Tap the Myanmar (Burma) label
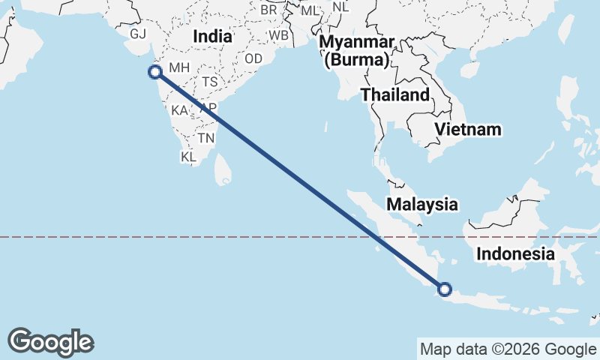pos(356,50)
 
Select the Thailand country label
pos(394,94)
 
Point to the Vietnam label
pos(469,129)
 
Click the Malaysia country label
pos(421,203)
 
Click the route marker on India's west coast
pos(155,72)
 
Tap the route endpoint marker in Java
pos(444,289)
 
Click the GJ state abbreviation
pos(138,34)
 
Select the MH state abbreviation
pos(179,67)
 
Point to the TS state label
pos(209,82)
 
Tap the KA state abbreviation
pos(179,110)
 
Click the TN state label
pos(206,138)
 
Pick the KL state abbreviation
pos(188,157)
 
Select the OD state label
pos(253,58)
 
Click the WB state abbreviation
pos(278,35)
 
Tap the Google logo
pos(50,342)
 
